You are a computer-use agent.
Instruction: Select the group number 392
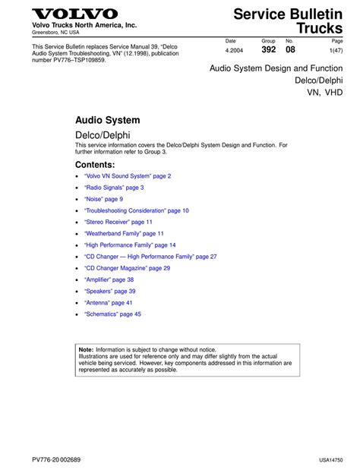[268, 49]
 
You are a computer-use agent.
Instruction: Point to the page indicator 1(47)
[336, 50]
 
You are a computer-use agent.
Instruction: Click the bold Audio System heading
[107, 120]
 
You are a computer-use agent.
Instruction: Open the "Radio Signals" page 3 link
[114, 188]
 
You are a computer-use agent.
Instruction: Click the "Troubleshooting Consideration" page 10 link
[137, 210]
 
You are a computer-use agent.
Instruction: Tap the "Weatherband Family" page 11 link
[124, 233]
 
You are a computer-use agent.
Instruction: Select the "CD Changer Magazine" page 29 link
[127, 268]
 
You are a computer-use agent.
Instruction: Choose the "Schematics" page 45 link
[112, 314]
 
